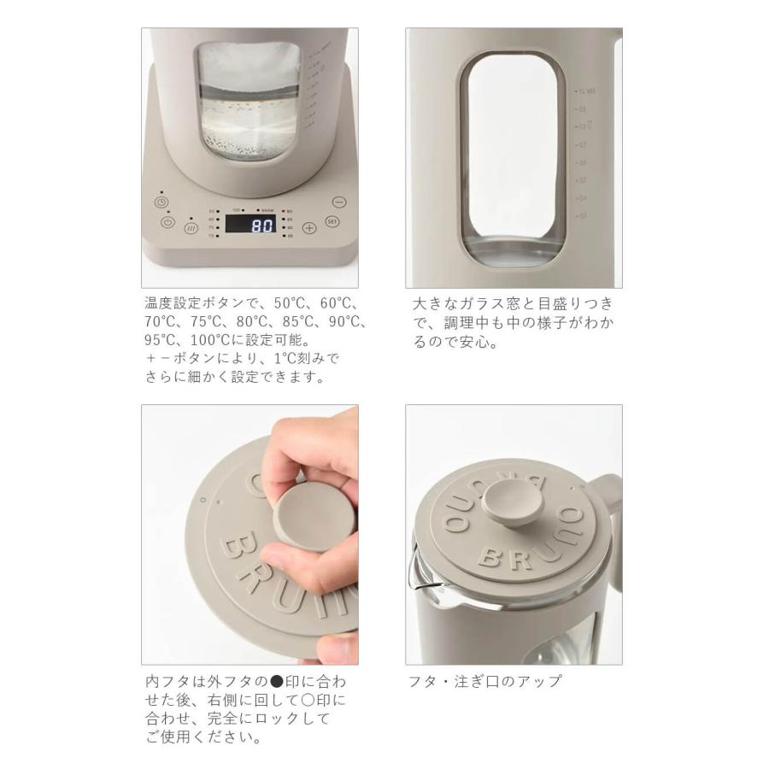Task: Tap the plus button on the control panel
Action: [309, 227]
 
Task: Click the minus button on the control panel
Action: [339, 203]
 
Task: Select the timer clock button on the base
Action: [161, 203]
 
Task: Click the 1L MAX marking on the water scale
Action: [585, 90]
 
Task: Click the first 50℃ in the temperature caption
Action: [282, 303]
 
